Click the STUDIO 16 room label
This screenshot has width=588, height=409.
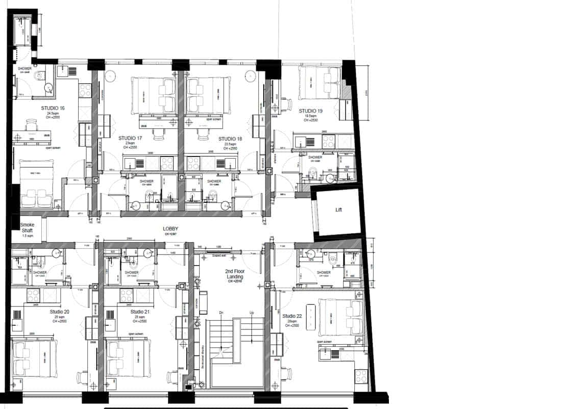pos(53,108)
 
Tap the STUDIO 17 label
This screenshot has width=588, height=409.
pos(130,138)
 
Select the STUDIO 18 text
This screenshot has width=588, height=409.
pos(230,139)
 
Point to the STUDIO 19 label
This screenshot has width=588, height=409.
pos(310,111)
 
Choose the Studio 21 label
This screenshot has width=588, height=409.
pos(140,312)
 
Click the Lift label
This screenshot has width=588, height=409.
pos(338,210)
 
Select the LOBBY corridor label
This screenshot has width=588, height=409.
pos(170,229)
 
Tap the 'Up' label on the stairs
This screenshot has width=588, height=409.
pos(251,312)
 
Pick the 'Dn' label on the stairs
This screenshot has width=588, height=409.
pos(221,312)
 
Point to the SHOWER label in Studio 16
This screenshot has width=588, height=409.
pos(24,68)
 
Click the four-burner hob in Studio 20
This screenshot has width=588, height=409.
pos(34,294)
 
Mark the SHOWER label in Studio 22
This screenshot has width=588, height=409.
pos(324,272)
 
